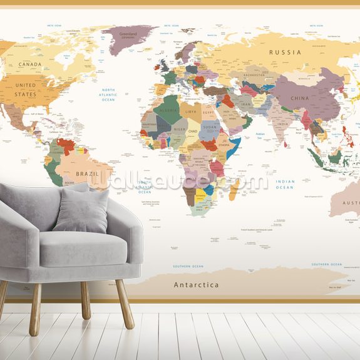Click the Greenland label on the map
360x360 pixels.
pos(128,34)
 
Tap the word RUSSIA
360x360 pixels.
pos(285,53)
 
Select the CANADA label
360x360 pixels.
pos(29,64)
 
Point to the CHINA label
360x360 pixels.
pos(300,98)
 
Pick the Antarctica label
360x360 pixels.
pos(196,285)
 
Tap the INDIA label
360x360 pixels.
pos(283,123)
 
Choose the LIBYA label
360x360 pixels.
pos(191,111)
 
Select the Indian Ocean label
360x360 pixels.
pos(285,184)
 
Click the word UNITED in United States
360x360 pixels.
pos(26,85)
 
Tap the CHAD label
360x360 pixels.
pos(193,131)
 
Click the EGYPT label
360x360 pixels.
pos(209,111)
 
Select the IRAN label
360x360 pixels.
pos(246,105)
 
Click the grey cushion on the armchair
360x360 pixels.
pos(81,210)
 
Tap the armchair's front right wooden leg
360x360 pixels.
pos(124,304)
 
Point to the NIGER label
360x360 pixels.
pos(178,130)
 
